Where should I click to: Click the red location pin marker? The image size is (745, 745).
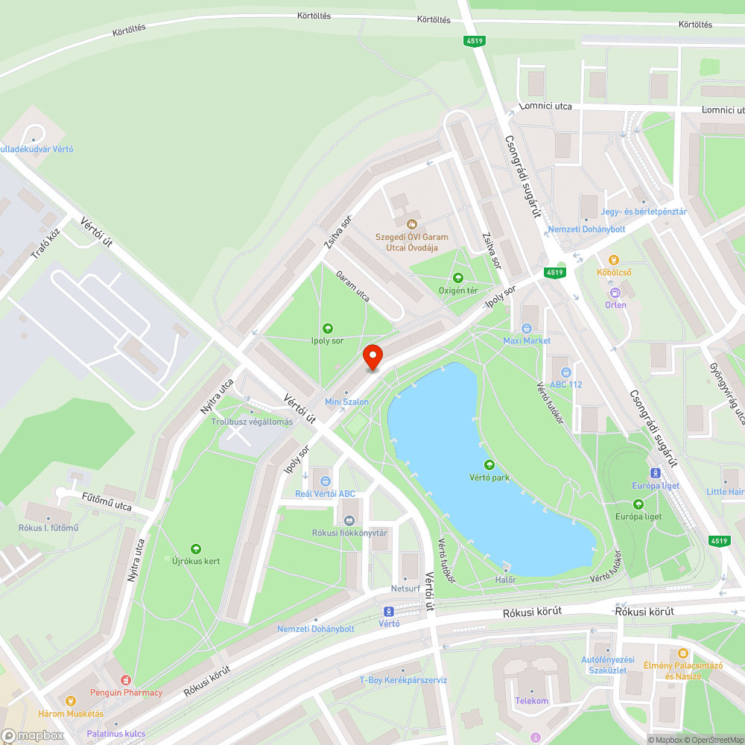372,357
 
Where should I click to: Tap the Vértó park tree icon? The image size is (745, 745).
490,465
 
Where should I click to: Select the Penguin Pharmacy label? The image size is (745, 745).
126,693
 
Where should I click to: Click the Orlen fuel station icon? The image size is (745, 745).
615,292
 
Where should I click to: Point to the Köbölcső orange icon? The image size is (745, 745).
614,260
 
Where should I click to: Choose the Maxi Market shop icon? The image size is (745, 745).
527,329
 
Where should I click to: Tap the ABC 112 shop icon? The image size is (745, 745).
565,372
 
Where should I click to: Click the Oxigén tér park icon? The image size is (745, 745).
458,278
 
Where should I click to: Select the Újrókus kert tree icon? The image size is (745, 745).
196,549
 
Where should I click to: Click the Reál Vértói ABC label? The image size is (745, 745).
326,494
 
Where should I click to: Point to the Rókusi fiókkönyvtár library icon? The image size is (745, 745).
349,520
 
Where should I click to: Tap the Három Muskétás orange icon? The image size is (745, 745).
71,701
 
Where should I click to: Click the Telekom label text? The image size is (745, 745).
531,701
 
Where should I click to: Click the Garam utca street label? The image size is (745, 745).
352,285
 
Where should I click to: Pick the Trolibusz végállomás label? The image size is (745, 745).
252,422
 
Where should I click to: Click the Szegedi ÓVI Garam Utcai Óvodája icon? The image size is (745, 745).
411,223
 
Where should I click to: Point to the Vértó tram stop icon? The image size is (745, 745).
389,611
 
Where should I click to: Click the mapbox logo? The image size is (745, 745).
33,735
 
